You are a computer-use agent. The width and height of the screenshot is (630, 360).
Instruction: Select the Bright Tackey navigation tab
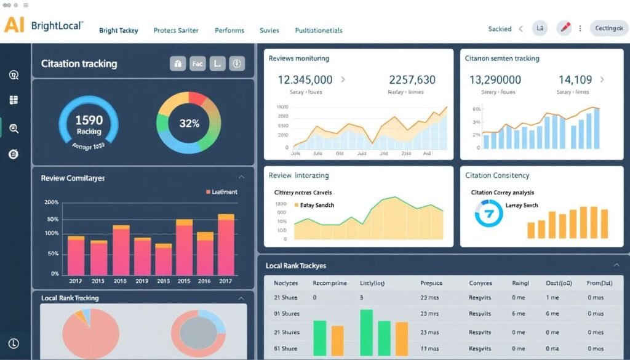[x=118, y=30]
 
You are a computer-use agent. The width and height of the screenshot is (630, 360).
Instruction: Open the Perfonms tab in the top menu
[x=229, y=30]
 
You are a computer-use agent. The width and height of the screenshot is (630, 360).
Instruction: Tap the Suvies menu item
[x=269, y=30]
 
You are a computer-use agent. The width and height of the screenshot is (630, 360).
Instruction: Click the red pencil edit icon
[x=564, y=28]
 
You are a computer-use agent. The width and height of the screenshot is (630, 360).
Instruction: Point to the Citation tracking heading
[x=79, y=63]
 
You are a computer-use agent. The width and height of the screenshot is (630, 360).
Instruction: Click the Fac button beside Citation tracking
[x=197, y=63]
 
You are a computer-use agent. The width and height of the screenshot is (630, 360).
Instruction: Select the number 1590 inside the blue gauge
[x=89, y=121]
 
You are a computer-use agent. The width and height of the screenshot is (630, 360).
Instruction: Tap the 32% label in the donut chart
[x=189, y=123]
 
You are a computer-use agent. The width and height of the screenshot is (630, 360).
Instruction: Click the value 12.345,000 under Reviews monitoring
[x=305, y=79]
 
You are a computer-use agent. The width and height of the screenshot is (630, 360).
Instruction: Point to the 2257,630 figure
[x=412, y=79]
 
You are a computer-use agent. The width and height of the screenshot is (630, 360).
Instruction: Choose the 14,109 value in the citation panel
[x=575, y=79]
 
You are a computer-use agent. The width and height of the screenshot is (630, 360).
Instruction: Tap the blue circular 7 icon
[x=490, y=213]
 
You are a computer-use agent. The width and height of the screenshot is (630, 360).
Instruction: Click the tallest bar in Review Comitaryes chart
[x=226, y=245]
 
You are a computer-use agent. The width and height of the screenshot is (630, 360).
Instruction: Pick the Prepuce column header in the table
[x=431, y=283]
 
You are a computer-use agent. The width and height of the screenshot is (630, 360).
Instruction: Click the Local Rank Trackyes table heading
[x=296, y=266]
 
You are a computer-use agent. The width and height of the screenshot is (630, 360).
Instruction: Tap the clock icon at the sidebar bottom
[x=14, y=344]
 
